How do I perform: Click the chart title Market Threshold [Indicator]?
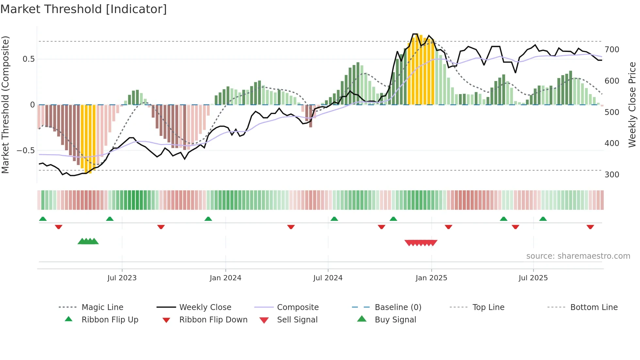(x=84, y=9)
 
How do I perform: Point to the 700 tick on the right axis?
(x=612, y=50)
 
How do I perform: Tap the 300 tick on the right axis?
(x=612, y=174)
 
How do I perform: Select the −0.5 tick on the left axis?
(x=26, y=151)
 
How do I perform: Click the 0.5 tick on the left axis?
(x=28, y=59)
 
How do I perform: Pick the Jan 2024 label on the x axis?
(x=225, y=278)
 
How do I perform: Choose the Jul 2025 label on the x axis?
(x=533, y=278)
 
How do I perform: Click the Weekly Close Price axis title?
(x=632, y=105)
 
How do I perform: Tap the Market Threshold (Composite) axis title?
(x=5, y=105)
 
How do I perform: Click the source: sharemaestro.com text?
(x=578, y=256)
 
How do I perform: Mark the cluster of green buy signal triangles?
(x=88, y=241)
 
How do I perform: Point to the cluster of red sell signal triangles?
(x=421, y=243)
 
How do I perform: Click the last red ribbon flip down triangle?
(x=590, y=227)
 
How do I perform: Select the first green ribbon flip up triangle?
(x=43, y=219)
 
